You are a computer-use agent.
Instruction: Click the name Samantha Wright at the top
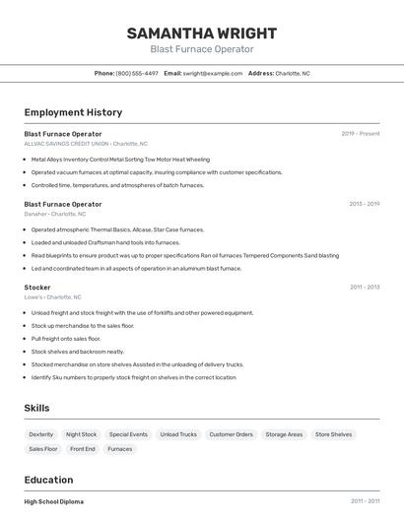202,33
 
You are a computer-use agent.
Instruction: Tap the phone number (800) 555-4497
137,73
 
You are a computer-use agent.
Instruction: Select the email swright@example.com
213,73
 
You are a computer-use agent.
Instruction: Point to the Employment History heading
73,112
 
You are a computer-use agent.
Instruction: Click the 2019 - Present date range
361,133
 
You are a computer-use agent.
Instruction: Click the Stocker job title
37,288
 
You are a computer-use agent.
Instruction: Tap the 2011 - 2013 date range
365,288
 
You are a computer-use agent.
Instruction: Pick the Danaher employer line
55,213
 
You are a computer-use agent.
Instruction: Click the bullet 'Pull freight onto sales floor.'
66,339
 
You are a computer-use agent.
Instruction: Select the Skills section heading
37,408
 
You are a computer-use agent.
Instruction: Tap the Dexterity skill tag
41,434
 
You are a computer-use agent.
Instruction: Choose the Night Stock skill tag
82,434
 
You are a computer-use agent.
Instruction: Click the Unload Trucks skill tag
178,434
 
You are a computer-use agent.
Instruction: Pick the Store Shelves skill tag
333,434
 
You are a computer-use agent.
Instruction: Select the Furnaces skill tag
120,449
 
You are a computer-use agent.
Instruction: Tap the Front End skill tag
83,449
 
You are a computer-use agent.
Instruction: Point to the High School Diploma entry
54,501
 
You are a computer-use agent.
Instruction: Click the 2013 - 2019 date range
365,204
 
